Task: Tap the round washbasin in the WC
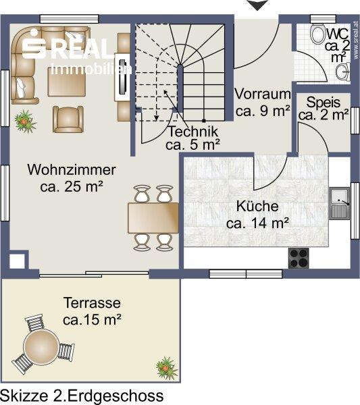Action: [x=343, y=72]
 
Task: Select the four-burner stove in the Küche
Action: [x=299, y=258]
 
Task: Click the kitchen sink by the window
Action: [x=340, y=204]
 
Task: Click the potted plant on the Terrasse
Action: [x=166, y=368]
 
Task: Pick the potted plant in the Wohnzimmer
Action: [x=25, y=121]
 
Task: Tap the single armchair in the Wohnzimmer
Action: [x=68, y=119]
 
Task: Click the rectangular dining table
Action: [x=153, y=218]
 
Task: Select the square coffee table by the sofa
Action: [x=67, y=82]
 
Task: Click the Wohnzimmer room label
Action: [x=72, y=178]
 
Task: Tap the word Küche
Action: [x=257, y=207]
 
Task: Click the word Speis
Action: [x=323, y=103]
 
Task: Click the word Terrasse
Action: [x=92, y=302]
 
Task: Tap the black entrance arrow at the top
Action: [x=257, y=5]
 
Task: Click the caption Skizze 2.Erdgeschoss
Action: [x=82, y=396]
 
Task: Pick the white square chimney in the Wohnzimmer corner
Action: [x=18, y=261]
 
